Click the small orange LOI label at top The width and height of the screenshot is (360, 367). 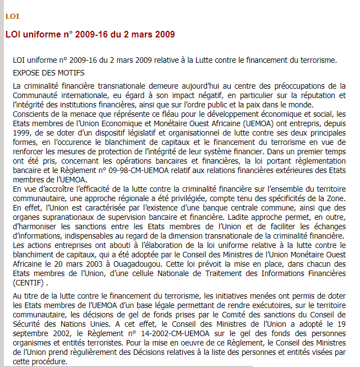(12, 17)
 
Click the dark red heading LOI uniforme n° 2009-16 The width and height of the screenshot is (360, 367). (90, 34)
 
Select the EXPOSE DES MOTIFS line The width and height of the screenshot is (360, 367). (48, 73)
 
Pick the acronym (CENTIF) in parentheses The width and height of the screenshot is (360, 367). (31, 283)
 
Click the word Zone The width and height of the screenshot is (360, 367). (335, 198)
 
